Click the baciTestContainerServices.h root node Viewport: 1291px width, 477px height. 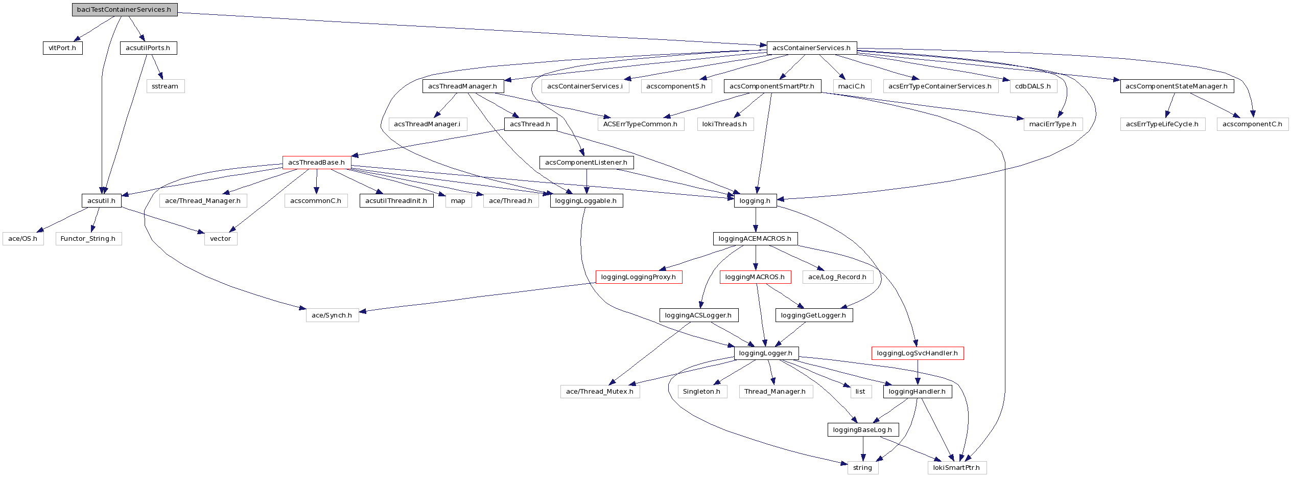click(124, 10)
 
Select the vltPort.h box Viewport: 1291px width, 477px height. click(62, 48)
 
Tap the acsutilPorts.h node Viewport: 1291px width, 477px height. click(148, 48)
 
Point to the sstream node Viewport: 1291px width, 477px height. click(165, 86)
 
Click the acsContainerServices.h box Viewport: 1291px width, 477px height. click(811, 48)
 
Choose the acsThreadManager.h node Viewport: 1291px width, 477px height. click(462, 86)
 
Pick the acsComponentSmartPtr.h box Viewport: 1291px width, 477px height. click(772, 86)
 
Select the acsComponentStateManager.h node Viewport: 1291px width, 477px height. click(1177, 86)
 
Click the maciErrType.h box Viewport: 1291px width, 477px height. click(1052, 124)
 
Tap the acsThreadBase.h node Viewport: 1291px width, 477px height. click(316, 163)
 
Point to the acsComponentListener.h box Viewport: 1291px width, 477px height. click(586, 163)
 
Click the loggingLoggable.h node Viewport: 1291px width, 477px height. click(586, 201)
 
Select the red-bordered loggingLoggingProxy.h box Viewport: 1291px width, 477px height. click(639, 277)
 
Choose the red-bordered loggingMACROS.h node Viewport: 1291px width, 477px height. click(755, 277)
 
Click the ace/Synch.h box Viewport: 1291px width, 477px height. click(332, 315)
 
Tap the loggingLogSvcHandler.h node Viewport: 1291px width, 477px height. click(918, 353)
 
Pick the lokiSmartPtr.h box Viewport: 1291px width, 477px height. click(957, 468)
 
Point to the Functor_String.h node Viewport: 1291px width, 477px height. click(88, 239)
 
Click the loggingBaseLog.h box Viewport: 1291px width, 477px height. click(863, 430)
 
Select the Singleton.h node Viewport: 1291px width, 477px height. click(702, 392)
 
